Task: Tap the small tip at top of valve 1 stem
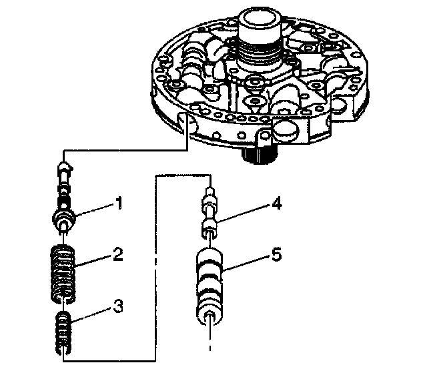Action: tap(65, 165)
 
